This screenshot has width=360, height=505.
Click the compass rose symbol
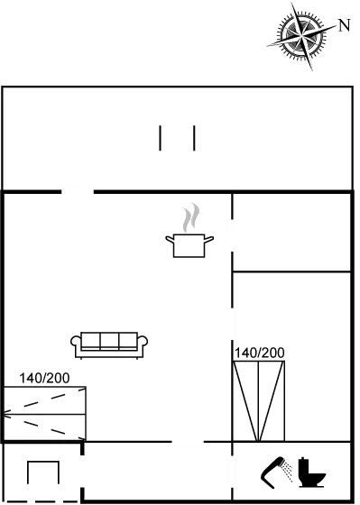(x=302, y=35)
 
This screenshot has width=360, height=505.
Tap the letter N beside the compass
(x=344, y=25)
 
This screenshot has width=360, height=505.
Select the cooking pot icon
(x=189, y=244)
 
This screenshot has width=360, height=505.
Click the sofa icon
(x=109, y=343)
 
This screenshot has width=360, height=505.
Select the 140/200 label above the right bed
(x=259, y=353)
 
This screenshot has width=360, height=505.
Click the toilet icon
(x=310, y=472)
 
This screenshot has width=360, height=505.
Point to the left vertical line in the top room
(x=161, y=139)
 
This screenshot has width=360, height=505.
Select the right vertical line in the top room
(x=194, y=139)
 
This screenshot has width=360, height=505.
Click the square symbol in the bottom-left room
(x=42, y=478)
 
